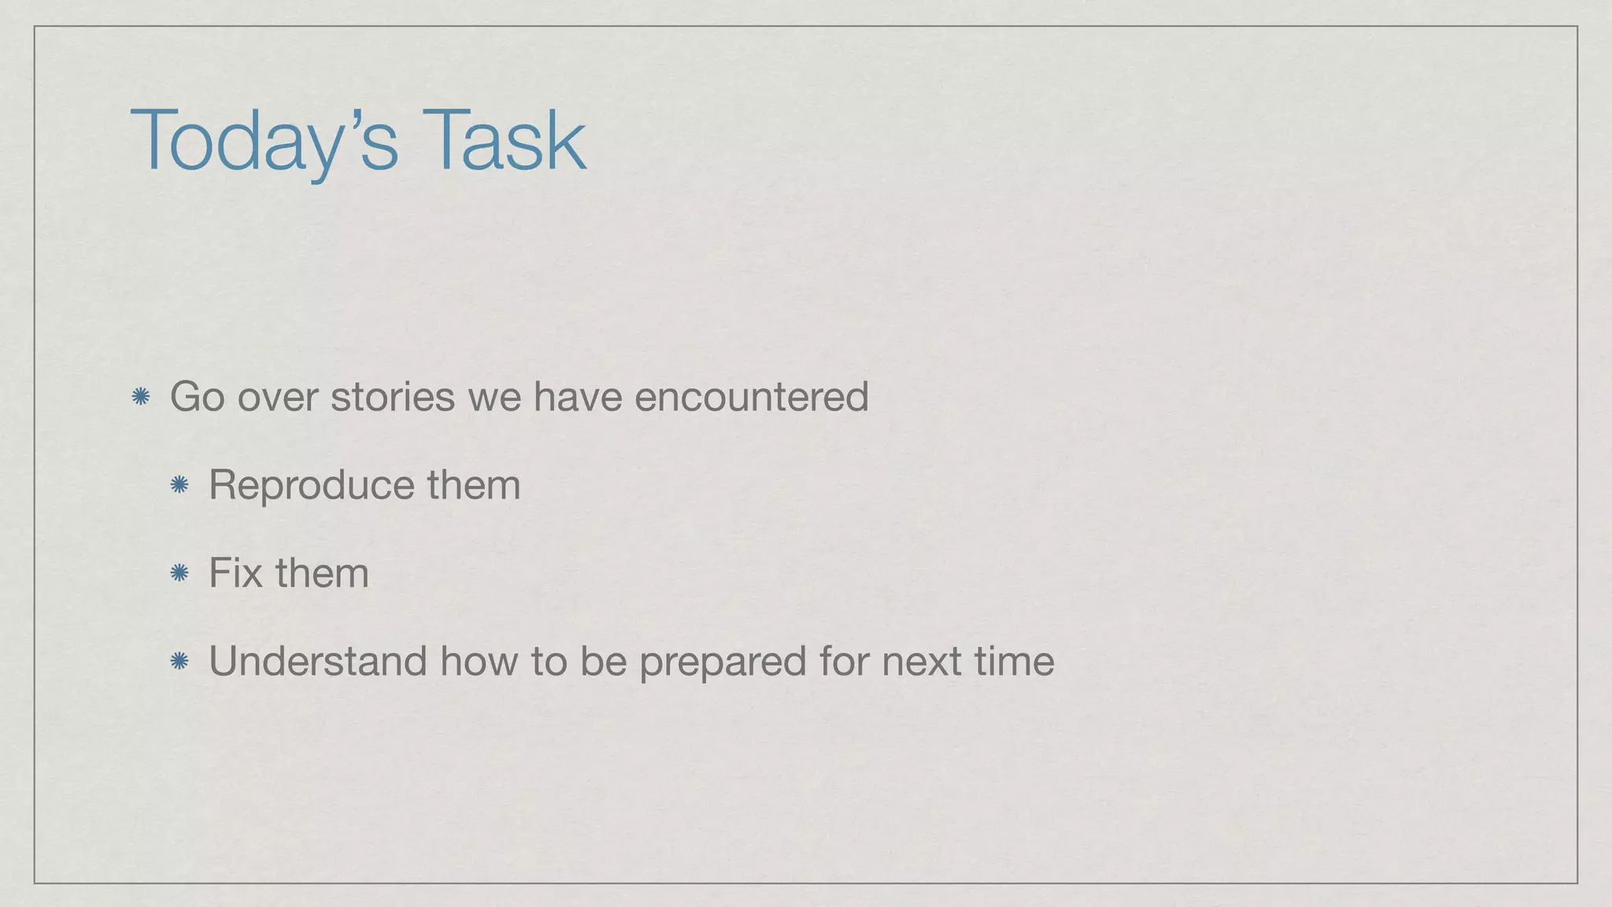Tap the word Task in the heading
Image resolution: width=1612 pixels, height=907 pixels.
tap(504, 140)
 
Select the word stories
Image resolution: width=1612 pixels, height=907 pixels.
tap(392, 396)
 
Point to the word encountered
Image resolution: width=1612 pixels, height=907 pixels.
tap(751, 396)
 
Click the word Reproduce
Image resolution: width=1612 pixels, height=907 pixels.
tap(311, 485)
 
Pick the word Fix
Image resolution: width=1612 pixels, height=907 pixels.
tap(235, 572)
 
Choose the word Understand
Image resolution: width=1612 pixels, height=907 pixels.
tap(317, 661)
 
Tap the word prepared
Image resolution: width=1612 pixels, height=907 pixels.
tap(722, 662)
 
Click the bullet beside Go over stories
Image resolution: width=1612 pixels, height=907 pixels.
tap(141, 397)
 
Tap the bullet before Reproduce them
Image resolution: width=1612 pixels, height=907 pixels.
tap(179, 485)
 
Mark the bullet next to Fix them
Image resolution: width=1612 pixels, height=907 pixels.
tap(179, 573)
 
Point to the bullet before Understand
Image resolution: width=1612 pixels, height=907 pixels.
tap(179, 661)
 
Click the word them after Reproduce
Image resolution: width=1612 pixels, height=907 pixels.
tap(474, 485)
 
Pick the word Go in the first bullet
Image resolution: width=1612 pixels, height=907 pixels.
tap(197, 396)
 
